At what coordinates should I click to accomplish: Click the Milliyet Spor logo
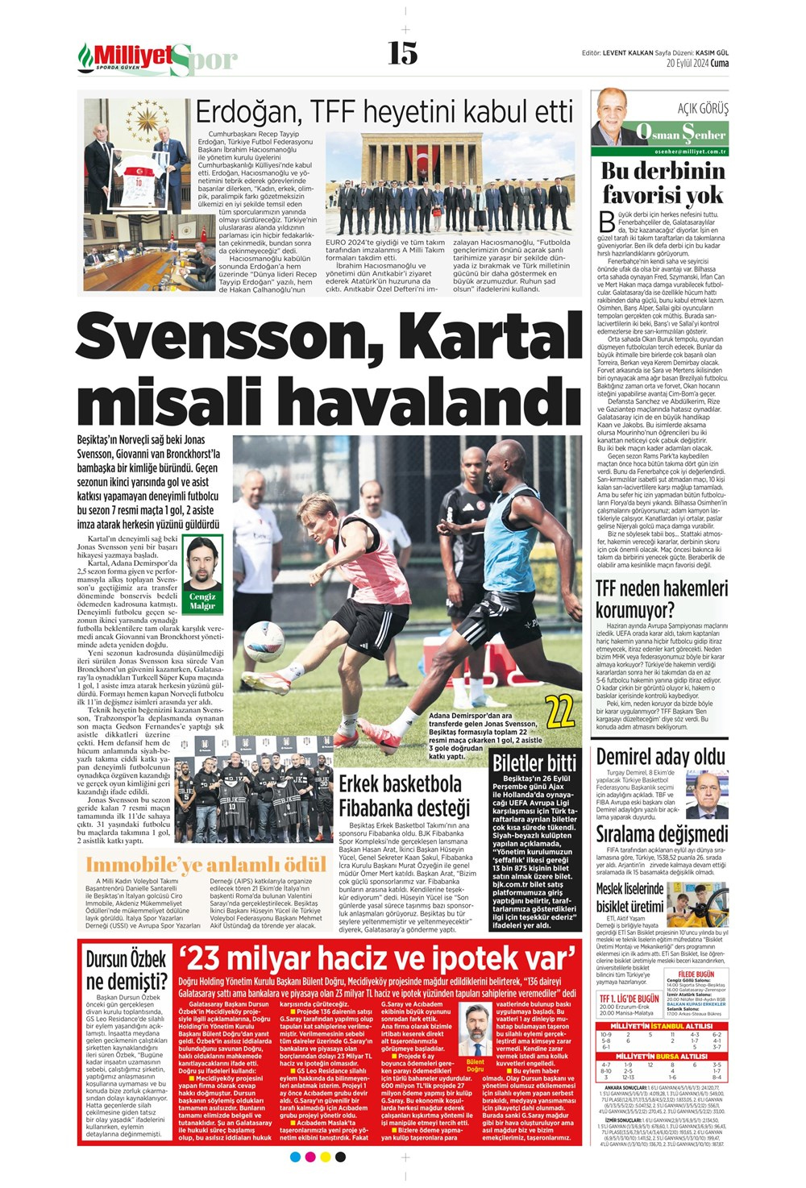tap(158, 58)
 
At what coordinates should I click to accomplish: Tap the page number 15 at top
tap(403, 53)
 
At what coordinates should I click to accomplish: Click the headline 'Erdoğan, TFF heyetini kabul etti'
tap(384, 111)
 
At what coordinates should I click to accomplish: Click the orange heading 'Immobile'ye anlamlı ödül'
tap(206, 865)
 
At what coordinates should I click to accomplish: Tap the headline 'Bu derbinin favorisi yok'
tap(663, 183)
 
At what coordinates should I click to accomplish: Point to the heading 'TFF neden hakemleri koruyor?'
tap(662, 599)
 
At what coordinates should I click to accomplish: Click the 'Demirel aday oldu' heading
tap(660, 757)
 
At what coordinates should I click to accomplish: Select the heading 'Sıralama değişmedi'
tap(662, 833)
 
